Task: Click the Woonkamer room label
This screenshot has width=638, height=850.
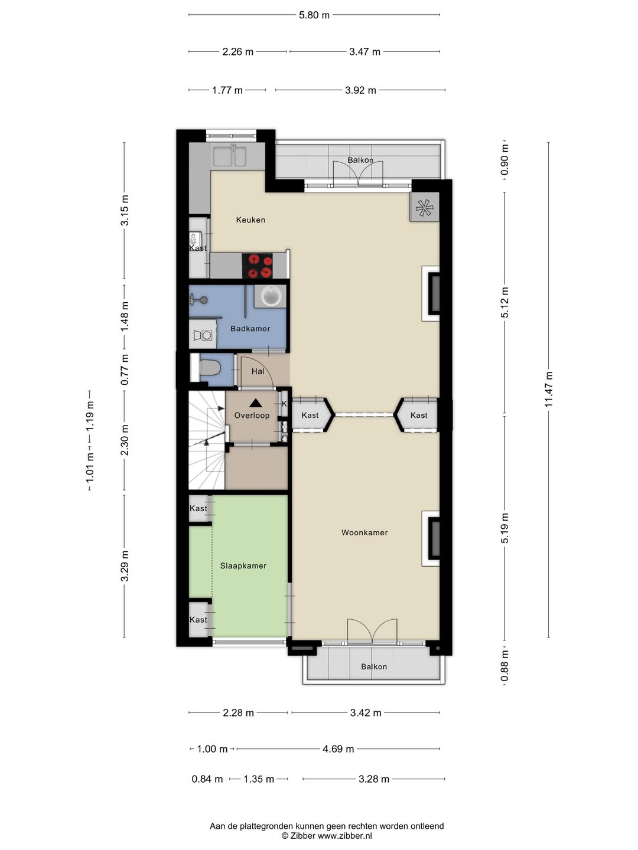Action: [364, 532]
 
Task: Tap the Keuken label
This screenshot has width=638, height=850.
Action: [250, 220]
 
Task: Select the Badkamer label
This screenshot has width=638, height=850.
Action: [250, 329]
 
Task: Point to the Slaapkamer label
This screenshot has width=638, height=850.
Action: [243, 565]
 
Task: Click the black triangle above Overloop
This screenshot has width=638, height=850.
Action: [255, 403]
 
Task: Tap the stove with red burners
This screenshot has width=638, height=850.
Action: [257, 266]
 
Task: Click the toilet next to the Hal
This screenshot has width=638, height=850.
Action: [210, 368]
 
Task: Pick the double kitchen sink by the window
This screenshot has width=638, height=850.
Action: [230, 156]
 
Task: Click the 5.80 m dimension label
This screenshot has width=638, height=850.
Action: [314, 15]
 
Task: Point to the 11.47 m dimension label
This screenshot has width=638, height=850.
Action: [549, 389]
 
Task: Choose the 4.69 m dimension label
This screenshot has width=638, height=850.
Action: [338, 749]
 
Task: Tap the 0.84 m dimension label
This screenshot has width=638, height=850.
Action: [207, 779]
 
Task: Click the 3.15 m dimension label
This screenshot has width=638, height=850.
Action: [124, 210]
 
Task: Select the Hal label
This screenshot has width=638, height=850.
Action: [258, 372]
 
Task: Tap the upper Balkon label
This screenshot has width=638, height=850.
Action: [360, 160]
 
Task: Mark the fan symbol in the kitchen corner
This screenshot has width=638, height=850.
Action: [425, 208]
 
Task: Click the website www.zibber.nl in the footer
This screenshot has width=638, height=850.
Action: [345, 836]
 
